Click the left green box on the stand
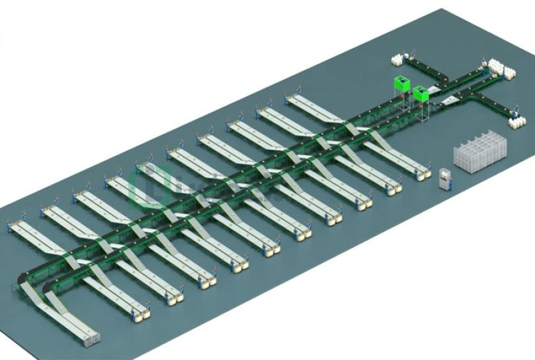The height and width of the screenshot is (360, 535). [x=401, y=84]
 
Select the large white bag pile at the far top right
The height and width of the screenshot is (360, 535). [x=502, y=70]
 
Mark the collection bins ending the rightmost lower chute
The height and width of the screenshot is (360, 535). [x=421, y=176]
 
